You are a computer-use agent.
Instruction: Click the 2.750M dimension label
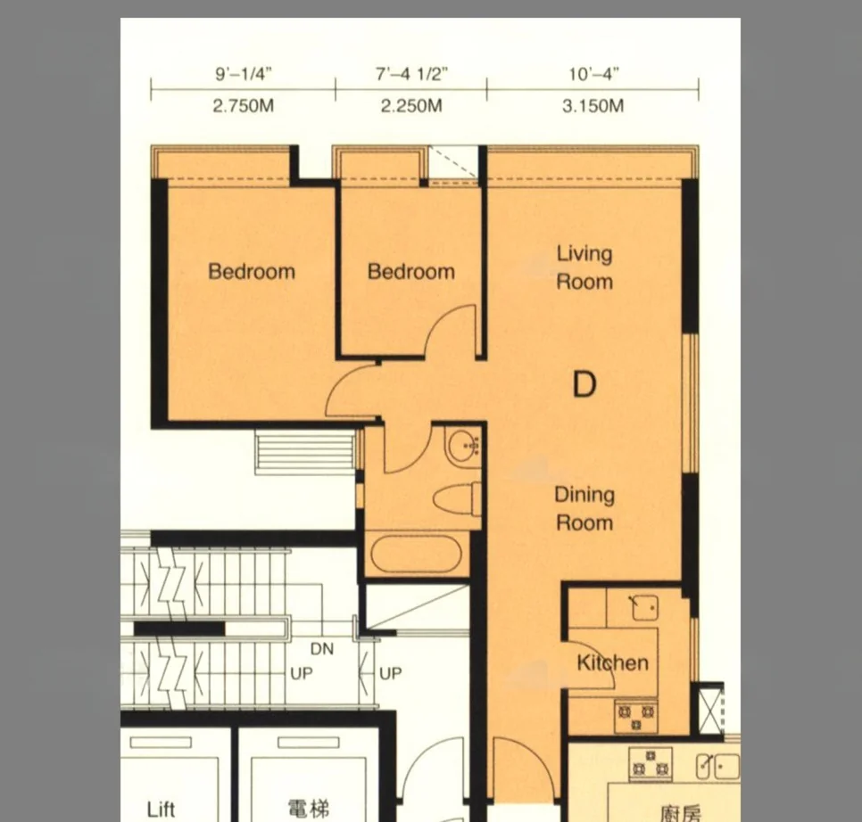(x=243, y=105)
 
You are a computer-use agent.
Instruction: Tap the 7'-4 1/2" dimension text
(x=411, y=74)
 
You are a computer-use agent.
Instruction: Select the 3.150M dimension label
(x=593, y=105)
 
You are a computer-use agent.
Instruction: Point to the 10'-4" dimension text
(x=593, y=74)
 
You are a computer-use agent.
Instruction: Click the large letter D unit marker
(x=584, y=384)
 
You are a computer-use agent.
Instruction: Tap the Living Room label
(x=584, y=267)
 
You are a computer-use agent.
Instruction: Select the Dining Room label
(x=584, y=508)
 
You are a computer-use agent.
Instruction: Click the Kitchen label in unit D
(x=612, y=662)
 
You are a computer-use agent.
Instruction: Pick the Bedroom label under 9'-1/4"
(x=252, y=271)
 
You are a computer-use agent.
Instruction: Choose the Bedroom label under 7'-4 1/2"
(x=411, y=271)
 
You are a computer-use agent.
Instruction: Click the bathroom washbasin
(x=463, y=447)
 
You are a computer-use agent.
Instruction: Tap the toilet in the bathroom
(x=458, y=499)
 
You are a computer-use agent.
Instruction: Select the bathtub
(x=416, y=553)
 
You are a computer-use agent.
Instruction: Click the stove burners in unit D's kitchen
(x=636, y=716)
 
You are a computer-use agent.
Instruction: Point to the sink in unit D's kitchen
(x=643, y=608)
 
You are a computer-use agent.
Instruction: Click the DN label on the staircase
(x=322, y=649)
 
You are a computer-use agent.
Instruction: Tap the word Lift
(x=162, y=810)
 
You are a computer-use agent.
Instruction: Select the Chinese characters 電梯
(x=309, y=809)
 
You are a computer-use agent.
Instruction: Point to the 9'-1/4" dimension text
(x=244, y=74)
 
